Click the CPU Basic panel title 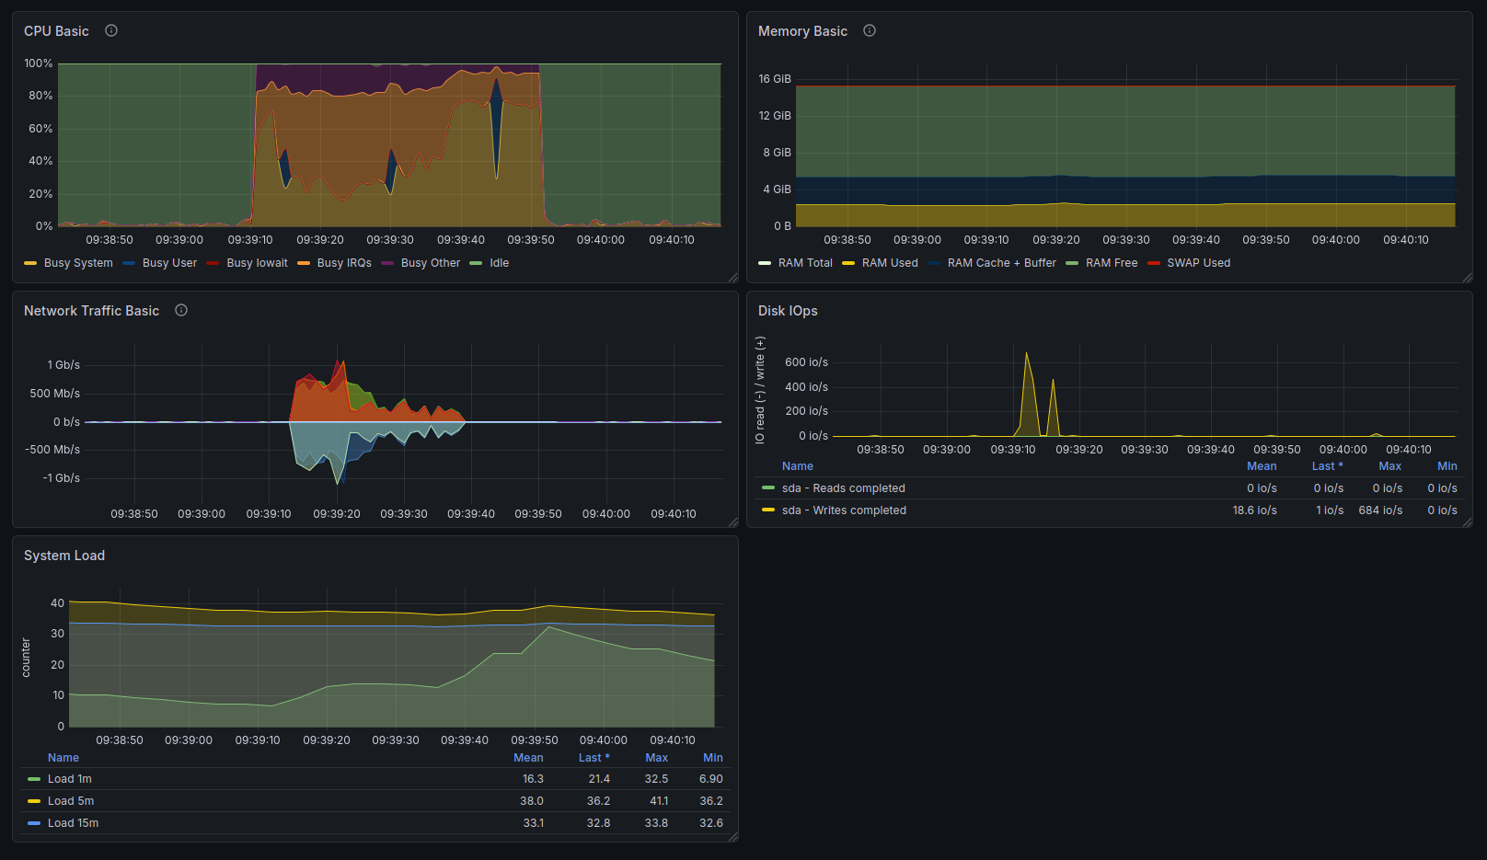(x=56, y=31)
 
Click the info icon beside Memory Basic (x=869, y=30)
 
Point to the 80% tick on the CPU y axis (x=40, y=96)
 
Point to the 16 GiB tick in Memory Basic (x=775, y=79)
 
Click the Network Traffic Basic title (x=92, y=311)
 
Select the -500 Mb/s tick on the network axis (x=52, y=449)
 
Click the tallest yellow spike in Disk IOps (x=1026, y=353)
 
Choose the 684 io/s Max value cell (x=1380, y=510)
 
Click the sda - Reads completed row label (x=843, y=488)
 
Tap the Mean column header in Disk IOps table (x=1262, y=465)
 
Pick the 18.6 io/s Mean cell (x=1254, y=510)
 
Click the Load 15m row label (x=73, y=823)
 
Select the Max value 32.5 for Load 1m (x=656, y=778)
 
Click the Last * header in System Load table (x=594, y=757)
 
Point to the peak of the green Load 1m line (x=548, y=627)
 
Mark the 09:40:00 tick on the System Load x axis (x=603, y=740)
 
